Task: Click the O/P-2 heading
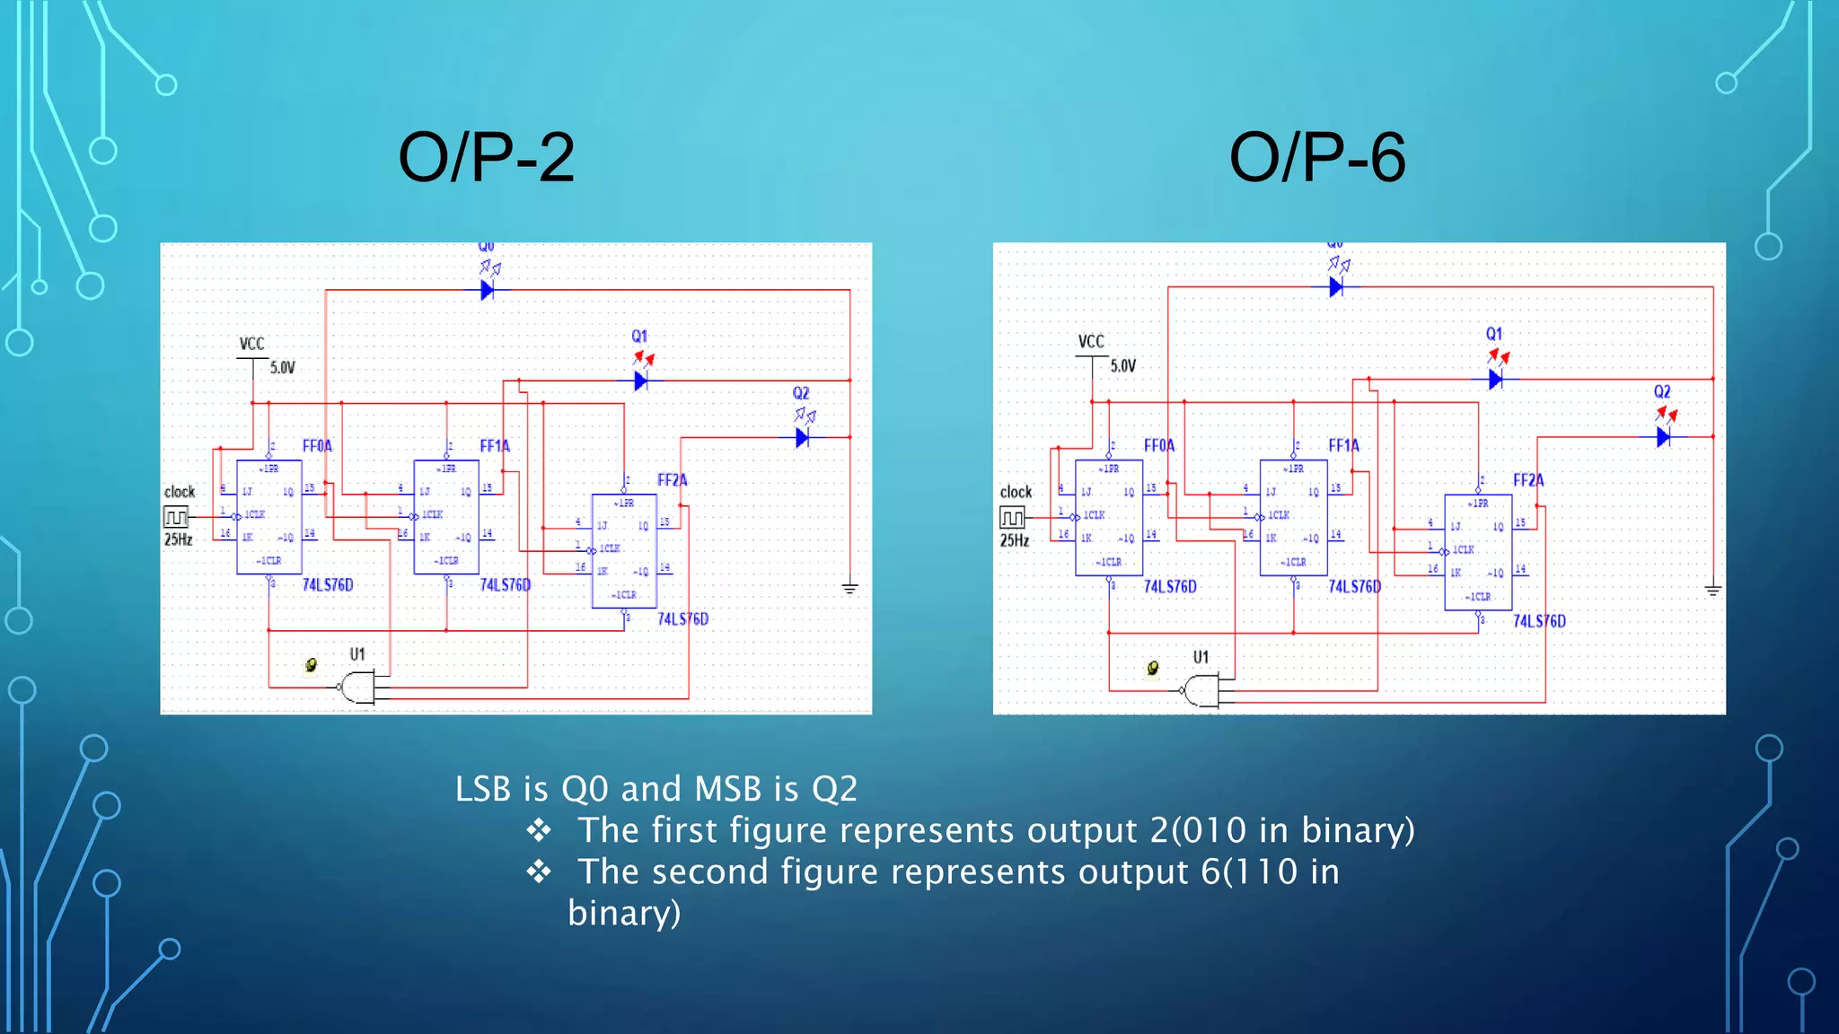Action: tap(486, 157)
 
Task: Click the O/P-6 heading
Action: tap(1316, 157)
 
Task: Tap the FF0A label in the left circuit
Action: tap(317, 446)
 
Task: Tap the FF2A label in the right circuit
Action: tap(1528, 480)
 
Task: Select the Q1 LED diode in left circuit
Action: tap(641, 381)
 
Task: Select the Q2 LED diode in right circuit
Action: tap(1663, 437)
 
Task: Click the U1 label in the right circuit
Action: tap(1201, 657)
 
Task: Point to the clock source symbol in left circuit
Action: tap(176, 516)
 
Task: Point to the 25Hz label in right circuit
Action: tap(1015, 540)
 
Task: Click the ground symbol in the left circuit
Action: tap(849, 588)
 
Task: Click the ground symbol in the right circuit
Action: tap(1712, 590)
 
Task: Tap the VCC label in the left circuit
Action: tap(251, 344)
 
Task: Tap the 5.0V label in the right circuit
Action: tap(1122, 366)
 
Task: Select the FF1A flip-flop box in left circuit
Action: tap(446, 516)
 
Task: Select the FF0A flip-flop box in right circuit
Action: tap(1109, 517)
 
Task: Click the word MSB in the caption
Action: tap(728, 789)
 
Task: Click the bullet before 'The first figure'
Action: tap(539, 830)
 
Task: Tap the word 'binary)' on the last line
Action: tap(624, 913)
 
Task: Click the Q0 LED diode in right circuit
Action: tap(1336, 287)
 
